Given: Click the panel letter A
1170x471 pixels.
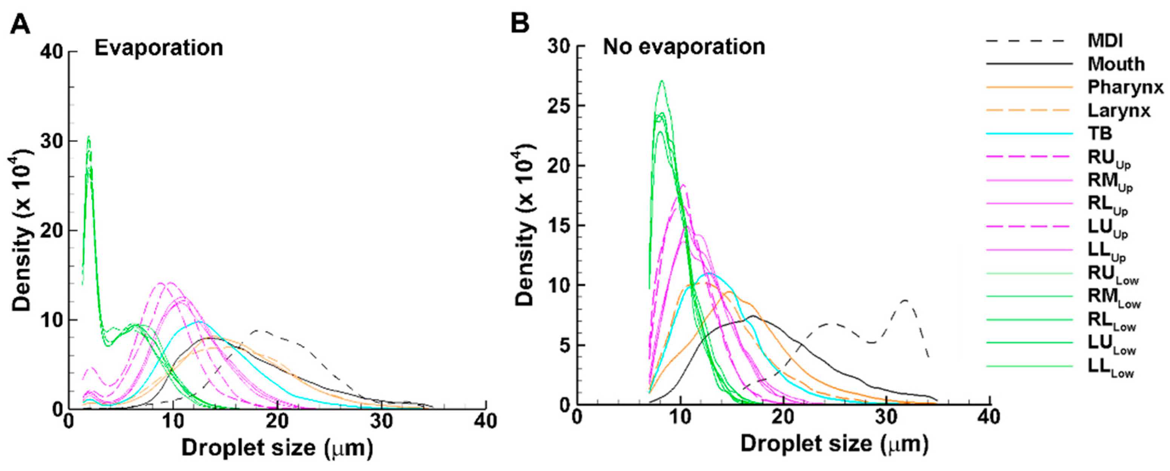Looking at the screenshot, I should click(20, 24).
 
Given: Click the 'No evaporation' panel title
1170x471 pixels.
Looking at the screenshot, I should click(684, 47).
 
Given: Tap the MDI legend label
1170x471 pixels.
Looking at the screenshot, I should click(1105, 41).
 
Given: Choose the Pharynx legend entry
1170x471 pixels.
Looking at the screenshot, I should click(1125, 87).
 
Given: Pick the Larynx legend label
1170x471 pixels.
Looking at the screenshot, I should click(1119, 110).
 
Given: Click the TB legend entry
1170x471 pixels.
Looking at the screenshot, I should click(1099, 133).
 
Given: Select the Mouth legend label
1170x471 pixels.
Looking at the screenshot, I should click(1116, 64).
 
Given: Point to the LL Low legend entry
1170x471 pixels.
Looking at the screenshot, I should click(1110, 367).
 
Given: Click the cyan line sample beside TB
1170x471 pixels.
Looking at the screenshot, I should click(1029, 134).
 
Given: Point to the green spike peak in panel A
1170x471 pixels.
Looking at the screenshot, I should click(89, 137).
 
